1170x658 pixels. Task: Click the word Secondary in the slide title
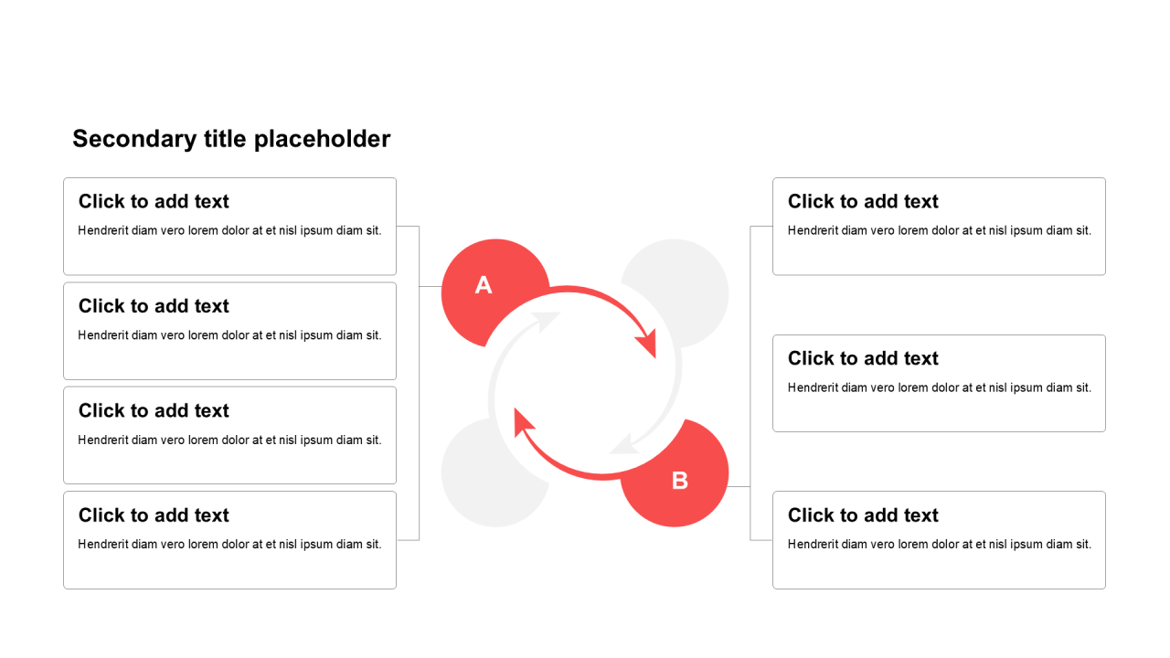point(134,140)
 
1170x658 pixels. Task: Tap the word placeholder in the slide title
point(323,140)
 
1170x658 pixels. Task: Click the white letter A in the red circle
point(484,285)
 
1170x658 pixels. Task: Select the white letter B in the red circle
point(679,481)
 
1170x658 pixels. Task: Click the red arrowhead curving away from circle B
point(524,422)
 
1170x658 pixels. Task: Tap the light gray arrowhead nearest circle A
point(546,321)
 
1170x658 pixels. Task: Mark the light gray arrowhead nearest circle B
point(624,444)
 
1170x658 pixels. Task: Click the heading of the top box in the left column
point(154,201)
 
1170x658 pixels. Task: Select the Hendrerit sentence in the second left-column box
point(229,335)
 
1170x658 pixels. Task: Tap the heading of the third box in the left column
point(154,410)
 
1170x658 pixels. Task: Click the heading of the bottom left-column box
point(154,515)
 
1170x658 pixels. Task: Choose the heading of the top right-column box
point(863,201)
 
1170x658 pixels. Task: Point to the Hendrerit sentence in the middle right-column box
point(940,387)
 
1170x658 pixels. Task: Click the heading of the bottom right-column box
point(863,515)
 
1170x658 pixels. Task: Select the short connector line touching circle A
point(431,286)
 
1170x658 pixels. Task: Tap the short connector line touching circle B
point(739,487)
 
